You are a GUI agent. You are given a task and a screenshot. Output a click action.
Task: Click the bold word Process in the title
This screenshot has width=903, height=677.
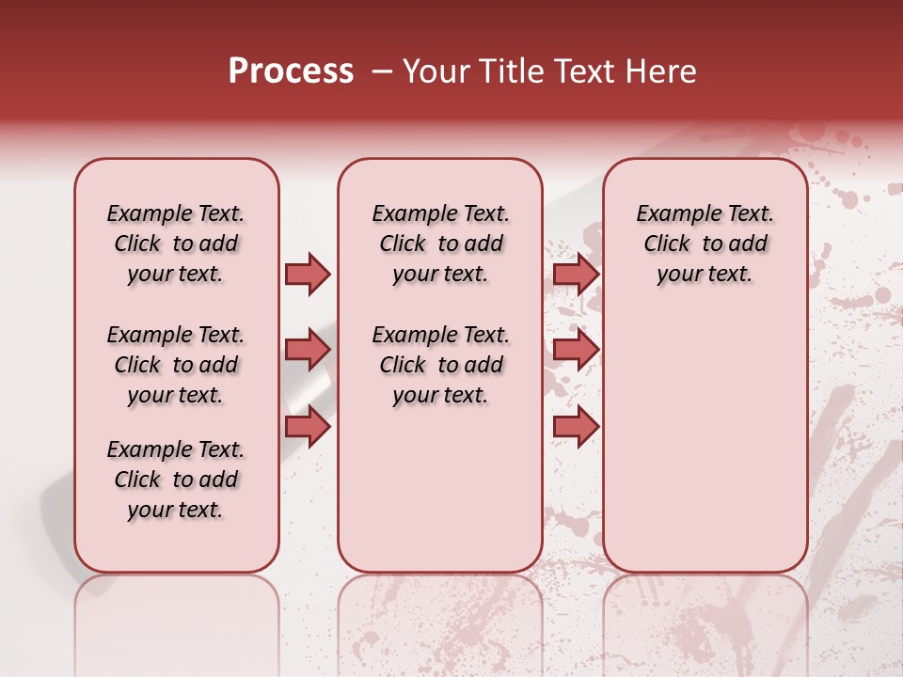pyautogui.click(x=291, y=71)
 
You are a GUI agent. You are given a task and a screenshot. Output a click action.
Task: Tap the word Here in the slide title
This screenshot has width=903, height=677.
pyautogui.click(x=657, y=71)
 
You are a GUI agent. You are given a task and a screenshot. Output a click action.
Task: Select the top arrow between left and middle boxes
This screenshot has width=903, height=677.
pyautogui.click(x=308, y=274)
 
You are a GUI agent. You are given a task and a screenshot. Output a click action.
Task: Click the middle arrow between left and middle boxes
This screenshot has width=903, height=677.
pyautogui.click(x=308, y=350)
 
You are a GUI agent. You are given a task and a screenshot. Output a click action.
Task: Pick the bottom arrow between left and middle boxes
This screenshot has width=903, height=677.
pyautogui.click(x=308, y=426)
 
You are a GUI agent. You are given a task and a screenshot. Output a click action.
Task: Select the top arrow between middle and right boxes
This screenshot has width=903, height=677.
pyautogui.click(x=576, y=274)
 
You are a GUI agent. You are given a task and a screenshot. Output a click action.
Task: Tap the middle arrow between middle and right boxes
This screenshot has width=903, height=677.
pyautogui.click(x=576, y=350)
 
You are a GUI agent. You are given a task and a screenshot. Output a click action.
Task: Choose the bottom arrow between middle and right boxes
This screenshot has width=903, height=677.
pyautogui.click(x=576, y=426)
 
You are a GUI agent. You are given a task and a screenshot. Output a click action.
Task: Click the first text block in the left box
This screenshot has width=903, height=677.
pyautogui.click(x=176, y=244)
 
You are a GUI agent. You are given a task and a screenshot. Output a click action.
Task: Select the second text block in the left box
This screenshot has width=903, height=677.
pyautogui.click(x=176, y=365)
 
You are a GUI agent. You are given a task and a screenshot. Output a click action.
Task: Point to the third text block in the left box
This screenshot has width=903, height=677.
pyautogui.click(x=176, y=480)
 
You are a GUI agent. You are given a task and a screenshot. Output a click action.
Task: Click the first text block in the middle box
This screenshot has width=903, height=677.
pyautogui.click(x=441, y=244)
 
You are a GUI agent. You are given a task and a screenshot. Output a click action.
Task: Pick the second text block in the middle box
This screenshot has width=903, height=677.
pyautogui.click(x=441, y=365)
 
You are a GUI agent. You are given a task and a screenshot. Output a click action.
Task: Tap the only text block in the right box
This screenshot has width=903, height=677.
pyautogui.click(x=705, y=244)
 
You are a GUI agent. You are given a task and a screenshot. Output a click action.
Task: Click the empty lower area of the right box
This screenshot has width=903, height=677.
pyautogui.click(x=705, y=451)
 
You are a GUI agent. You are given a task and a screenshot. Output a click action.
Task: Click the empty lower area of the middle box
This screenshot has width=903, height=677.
pyautogui.click(x=441, y=489)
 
